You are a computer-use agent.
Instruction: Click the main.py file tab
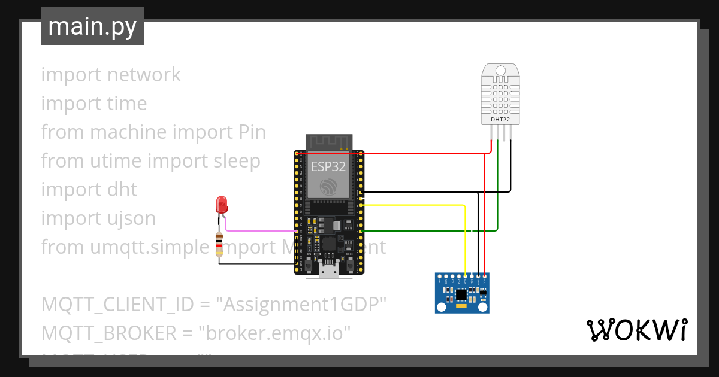(92, 27)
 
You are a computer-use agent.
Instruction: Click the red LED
(222, 205)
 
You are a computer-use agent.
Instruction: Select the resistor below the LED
(220, 245)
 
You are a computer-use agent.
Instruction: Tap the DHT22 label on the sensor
(500, 120)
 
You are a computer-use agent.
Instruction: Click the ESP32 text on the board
(328, 167)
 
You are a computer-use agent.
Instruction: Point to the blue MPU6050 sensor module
(462, 293)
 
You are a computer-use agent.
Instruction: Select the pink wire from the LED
(258, 230)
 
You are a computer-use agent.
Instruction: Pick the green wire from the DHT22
(498, 191)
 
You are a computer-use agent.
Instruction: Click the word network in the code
(144, 75)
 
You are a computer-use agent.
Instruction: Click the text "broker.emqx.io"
(277, 333)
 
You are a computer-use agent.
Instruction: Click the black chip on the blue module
(461, 294)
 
